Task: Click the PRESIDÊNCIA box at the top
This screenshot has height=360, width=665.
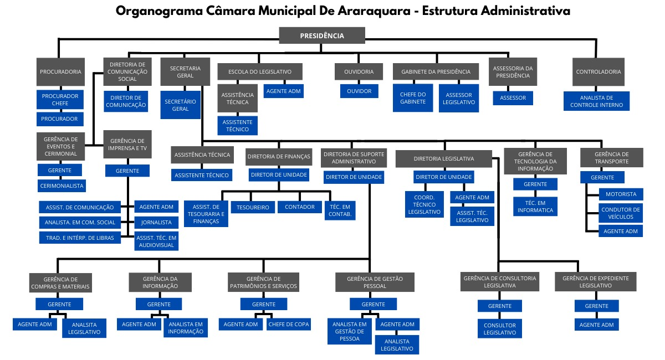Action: (322, 35)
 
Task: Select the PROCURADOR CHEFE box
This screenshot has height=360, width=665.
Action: (60, 100)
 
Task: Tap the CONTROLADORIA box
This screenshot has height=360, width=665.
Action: (598, 72)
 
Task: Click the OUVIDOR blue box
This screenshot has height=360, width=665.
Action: (359, 91)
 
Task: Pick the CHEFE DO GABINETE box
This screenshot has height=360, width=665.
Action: (413, 98)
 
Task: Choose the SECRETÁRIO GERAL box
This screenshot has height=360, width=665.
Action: (181, 105)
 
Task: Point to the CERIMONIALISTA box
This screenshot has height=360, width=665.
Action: (62, 186)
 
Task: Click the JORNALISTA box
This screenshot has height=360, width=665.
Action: (156, 222)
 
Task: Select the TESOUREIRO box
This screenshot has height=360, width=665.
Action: (253, 207)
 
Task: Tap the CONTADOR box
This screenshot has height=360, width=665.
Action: (300, 207)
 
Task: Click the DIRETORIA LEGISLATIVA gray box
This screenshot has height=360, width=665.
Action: (444, 159)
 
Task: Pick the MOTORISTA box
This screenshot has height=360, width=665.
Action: (621, 194)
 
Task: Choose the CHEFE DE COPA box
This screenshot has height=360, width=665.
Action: (289, 325)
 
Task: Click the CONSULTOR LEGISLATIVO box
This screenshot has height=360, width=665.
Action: (500, 329)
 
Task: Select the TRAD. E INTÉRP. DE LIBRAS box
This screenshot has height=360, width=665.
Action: (80, 238)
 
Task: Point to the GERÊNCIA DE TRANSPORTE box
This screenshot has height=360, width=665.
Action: (612, 158)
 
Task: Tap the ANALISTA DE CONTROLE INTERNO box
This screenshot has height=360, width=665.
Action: (596, 101)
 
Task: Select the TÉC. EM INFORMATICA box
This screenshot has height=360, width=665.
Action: (535, 207)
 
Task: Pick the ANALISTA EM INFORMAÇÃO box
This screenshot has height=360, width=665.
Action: (186, 328)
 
